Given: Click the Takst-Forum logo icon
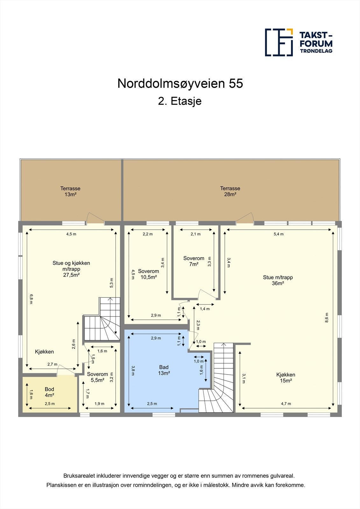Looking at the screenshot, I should coord(279,42).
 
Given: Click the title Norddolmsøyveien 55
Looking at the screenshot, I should coord(180,84).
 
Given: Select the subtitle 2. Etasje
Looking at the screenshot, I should coord(180,101).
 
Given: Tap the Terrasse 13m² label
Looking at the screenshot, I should coord(70,192).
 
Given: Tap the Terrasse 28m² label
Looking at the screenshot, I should coord(230,192).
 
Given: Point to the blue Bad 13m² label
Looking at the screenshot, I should coord(164,370).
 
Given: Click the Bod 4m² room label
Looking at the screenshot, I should coord(49,392).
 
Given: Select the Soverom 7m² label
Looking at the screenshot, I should coord(194,261).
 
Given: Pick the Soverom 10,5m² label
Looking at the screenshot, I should coord(148,274).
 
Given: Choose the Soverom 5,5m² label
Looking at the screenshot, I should coord(97,377).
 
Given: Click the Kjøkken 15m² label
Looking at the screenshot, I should coord(286,378).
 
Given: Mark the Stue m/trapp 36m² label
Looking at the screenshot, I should coord(278,280).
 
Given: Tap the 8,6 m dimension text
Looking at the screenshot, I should coord(327,318).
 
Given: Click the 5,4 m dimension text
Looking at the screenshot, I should coord(279,234).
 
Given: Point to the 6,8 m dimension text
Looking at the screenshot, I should coord(31,299).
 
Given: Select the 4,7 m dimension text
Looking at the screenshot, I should coord(286,404).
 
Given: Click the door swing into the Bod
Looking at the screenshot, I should coord(66,370).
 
